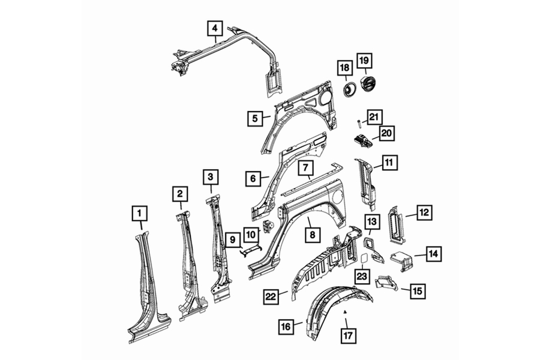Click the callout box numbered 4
coord(215,28)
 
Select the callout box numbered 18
coord(344,68)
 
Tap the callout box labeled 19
coord(364,61)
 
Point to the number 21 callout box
coord(374,117)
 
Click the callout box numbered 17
coord(348,335)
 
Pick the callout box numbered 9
coord(233,239)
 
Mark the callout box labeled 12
coord(424,212)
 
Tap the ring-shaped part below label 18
coord(350,89)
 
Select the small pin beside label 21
coord(359,122)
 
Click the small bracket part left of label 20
coord(362,140)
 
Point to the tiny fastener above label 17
coord(346,311)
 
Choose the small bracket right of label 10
coord(267,227)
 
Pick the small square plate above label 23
coord(364,258)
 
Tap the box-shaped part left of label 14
coord(401,261)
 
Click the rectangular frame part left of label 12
coord(397,224)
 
